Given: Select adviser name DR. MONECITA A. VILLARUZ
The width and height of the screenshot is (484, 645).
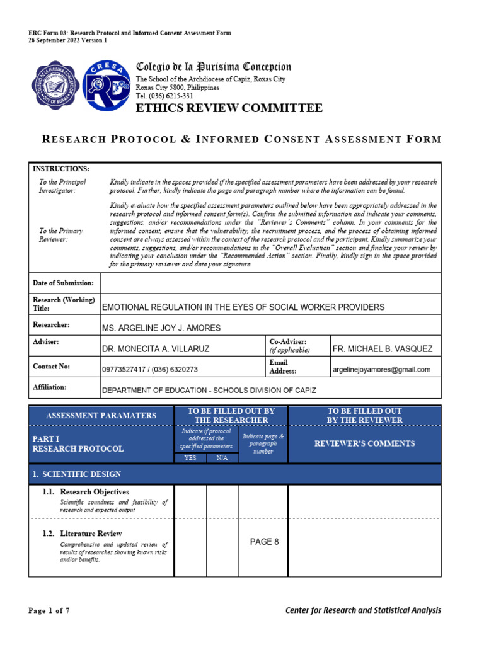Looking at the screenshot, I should (156, 349).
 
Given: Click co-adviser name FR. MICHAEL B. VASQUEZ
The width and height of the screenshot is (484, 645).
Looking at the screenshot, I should (382, 349).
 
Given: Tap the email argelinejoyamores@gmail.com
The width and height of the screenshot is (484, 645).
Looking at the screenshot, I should (381, 370).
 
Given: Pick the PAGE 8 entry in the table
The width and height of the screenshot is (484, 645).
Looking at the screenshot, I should (265, 542).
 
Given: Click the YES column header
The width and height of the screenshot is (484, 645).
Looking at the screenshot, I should (190, 458).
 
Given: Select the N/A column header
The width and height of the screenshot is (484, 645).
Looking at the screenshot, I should (222, 458).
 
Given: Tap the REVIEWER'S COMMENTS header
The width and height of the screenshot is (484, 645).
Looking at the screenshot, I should (365, 443).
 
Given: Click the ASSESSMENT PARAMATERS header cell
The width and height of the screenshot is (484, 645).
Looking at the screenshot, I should (101, 415).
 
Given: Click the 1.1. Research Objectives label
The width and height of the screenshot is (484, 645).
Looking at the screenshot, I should (95, 491).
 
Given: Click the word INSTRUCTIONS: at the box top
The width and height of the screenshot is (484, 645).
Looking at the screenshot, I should (60, 169).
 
